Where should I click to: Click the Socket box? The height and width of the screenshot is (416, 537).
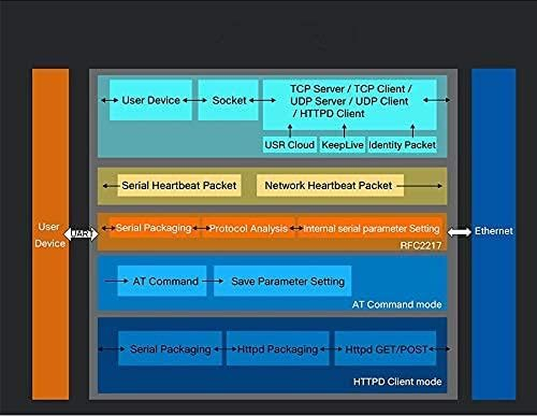pyautogui.click(x=228, y=100)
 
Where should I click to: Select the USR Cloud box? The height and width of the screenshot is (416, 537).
pyautogui.click(x=289, y=145)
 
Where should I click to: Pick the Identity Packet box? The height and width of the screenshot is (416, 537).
pyautogui.click(x=402, y=145)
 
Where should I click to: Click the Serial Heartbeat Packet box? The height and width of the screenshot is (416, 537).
pyautogui.click(x=179, y=186)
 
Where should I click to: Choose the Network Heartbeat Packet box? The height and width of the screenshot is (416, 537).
pyautogui.click(x=329, y=186)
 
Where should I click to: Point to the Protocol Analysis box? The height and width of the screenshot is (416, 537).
pyautogui.click(x=248, y=228)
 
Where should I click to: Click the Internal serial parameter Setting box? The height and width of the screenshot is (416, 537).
pyautogui.click(x=371, y=228)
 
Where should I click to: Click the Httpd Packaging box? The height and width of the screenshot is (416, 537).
pyautogui.click(x=277, y=349)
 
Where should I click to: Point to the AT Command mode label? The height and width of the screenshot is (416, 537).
pyautogui.click(x=397, y=305)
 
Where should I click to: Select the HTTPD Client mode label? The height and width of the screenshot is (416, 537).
pyautogui.click(x=397, y=382)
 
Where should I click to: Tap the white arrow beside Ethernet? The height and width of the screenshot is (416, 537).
pyautogui.click(x=459, y=232)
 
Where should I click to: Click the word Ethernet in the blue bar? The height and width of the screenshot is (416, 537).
pyautogui.click(x=493, y=231)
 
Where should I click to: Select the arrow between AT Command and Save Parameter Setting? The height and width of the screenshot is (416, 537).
pyautogui.click(x=210, y=281)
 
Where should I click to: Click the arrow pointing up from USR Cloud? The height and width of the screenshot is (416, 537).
pyautogui.click(x=290, y=131)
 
